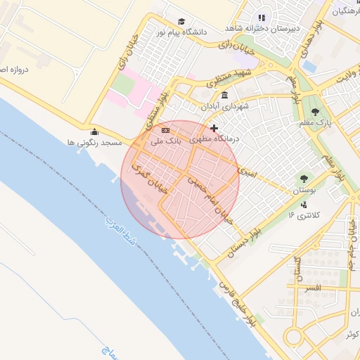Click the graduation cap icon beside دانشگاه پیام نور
pos(181,22)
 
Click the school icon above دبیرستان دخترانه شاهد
pos(262,18)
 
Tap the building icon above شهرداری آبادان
pos(224,96)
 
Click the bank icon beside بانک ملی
pos(165,130)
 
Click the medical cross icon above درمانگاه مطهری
pos(214,128)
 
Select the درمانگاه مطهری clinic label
pos(215,139)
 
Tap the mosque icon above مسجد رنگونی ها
pos(95,131)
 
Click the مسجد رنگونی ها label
pos(91,143)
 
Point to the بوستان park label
pos(303,191)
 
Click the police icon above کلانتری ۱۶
pos(304,205)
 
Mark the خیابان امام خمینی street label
pos(211,198)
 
